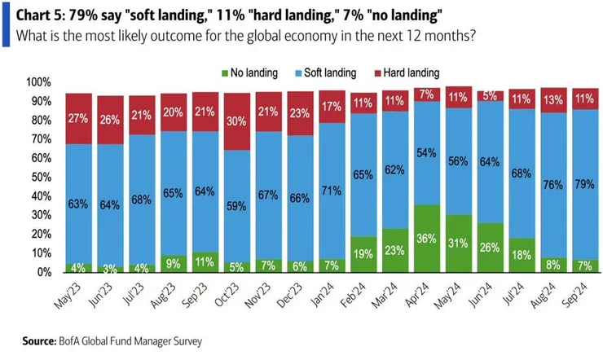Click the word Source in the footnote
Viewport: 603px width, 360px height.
pyautogui.click(x=43, y=340)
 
